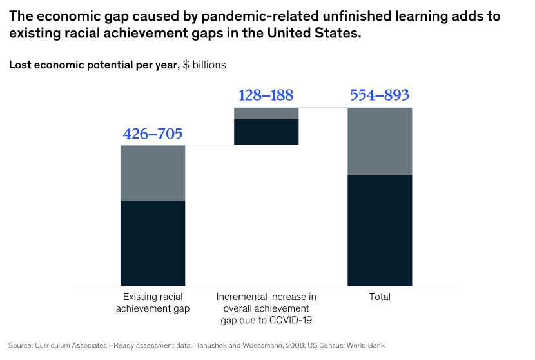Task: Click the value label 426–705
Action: click(153, 134)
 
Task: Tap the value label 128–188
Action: click(266, 95)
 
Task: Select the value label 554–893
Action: click(380, 95)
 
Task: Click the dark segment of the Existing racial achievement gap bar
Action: click(153, 243)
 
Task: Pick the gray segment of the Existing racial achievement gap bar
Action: click(153, 173)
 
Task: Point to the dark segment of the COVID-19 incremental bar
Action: click(266, 132)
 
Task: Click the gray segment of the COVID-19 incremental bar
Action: click(266, 113)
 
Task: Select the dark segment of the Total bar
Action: click(380, 230)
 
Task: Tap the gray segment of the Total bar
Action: click(380, 141)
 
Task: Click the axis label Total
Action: click(380, 297)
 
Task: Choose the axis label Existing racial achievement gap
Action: click(153, 303)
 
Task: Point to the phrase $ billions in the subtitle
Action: click(204, 65)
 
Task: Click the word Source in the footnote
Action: click(21, 345)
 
